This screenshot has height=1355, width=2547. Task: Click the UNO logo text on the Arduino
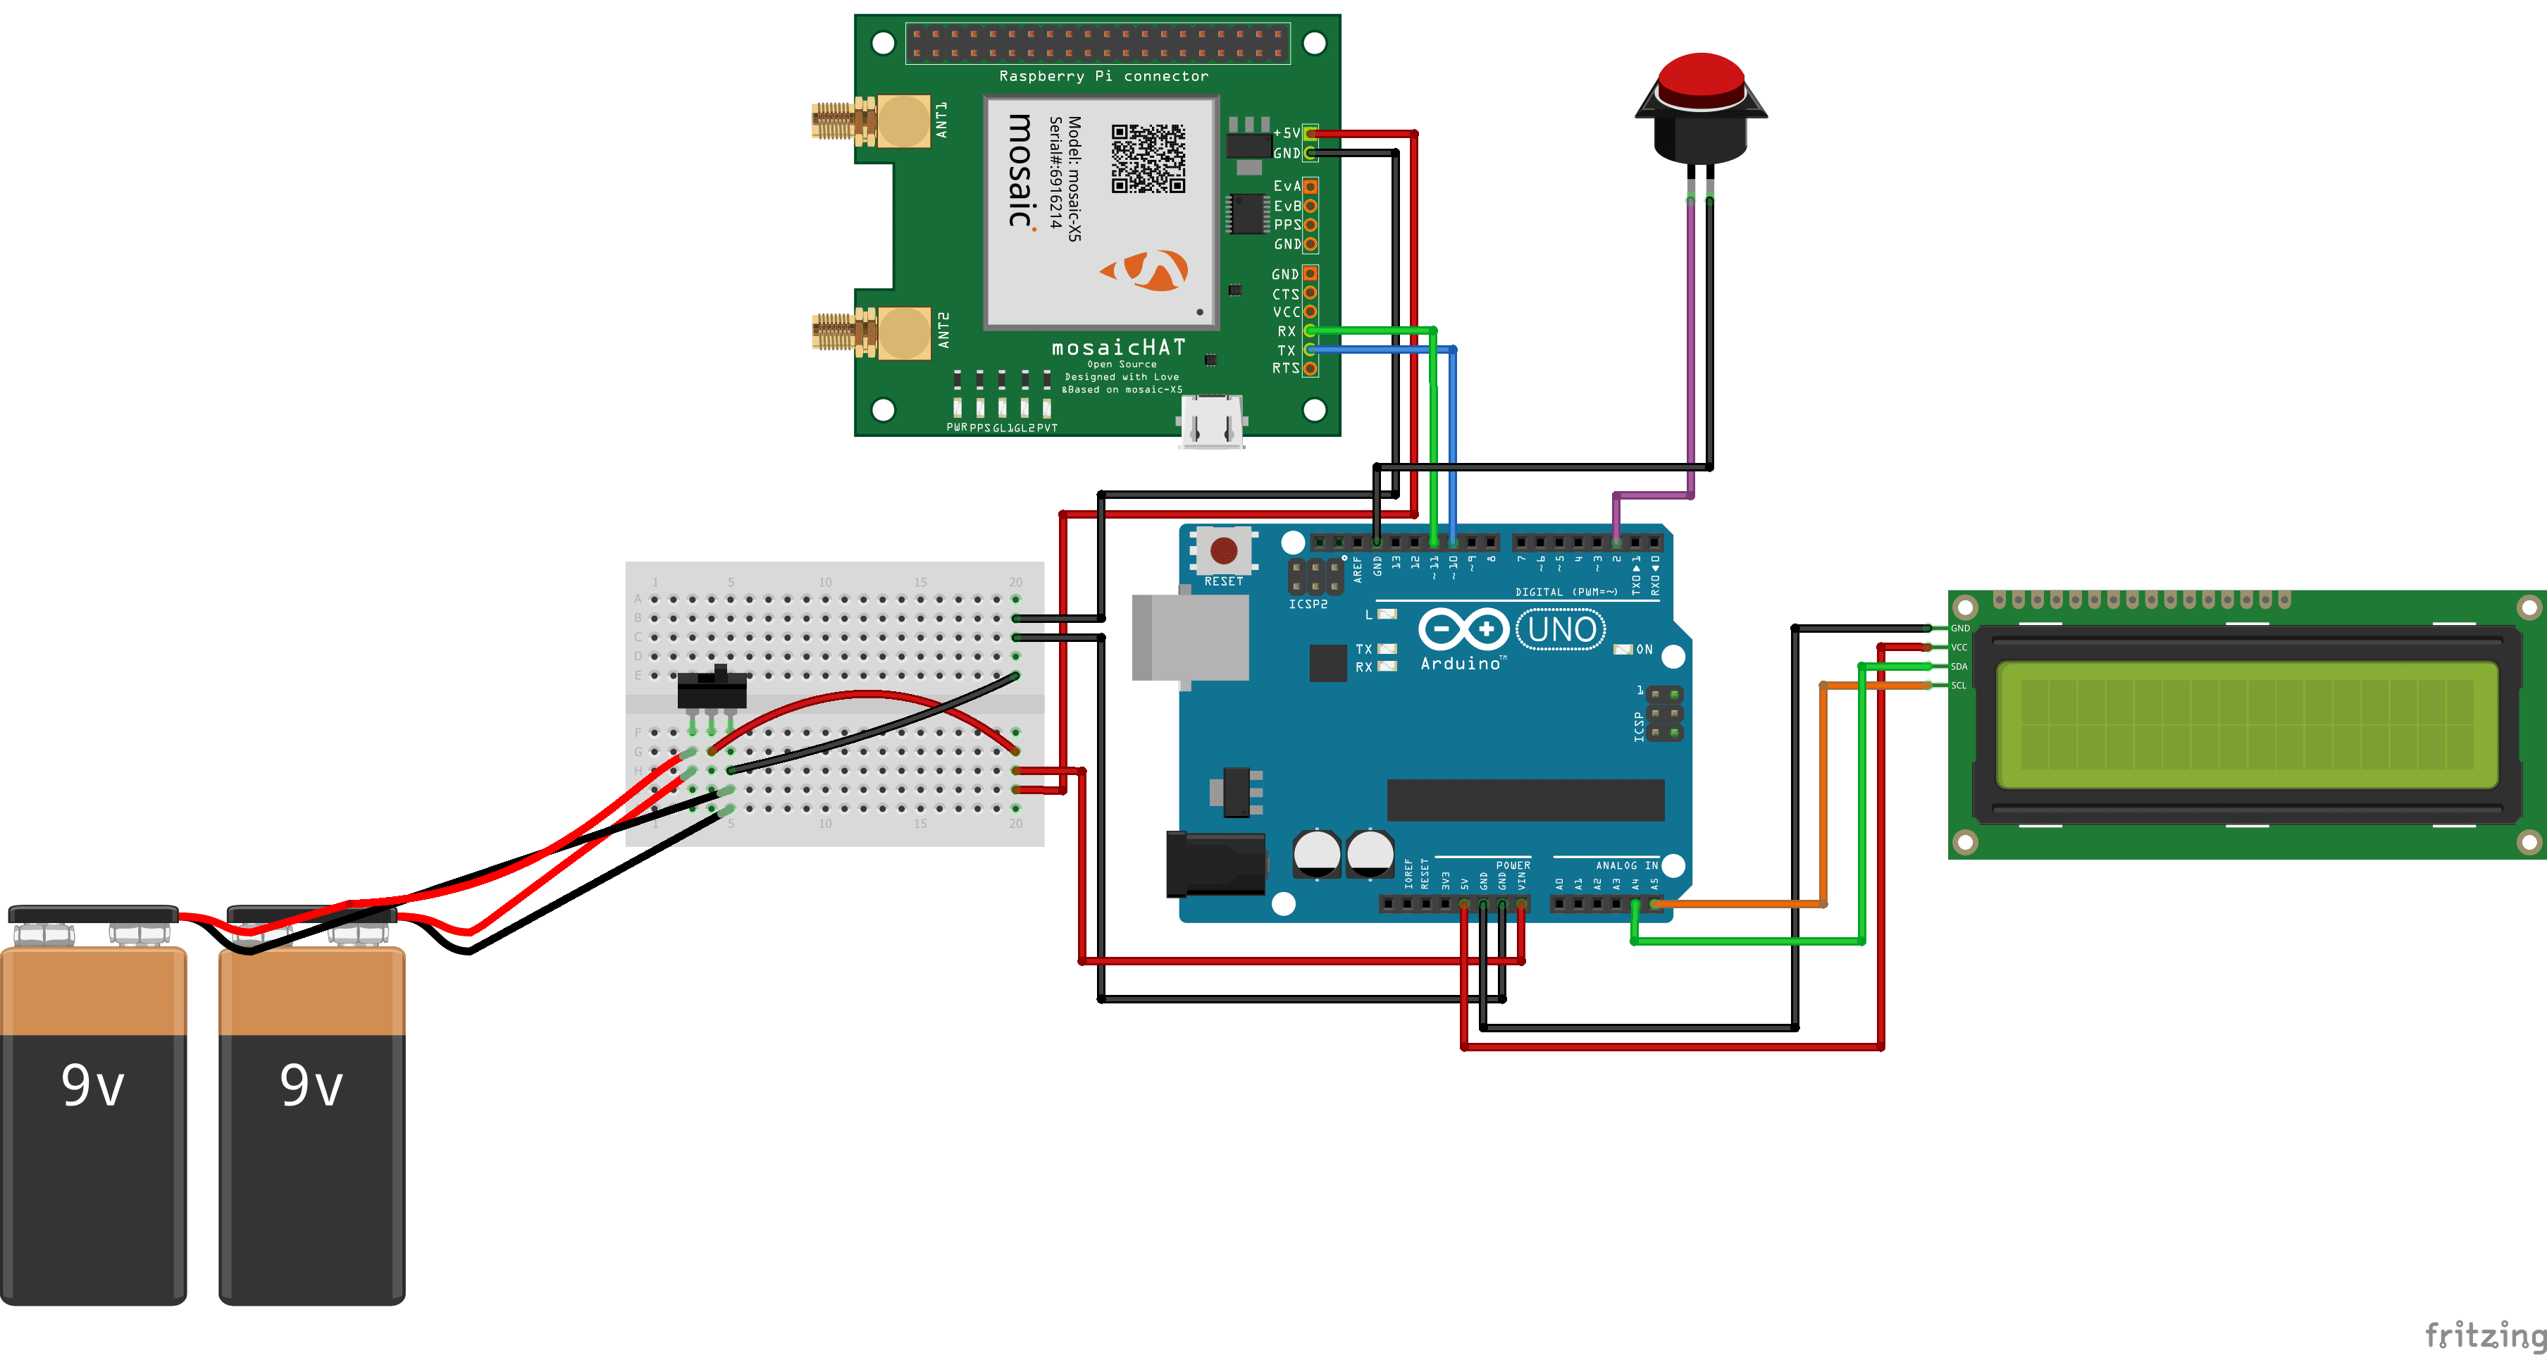(x=1561, y=629)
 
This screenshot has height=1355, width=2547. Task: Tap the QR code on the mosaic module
(x=1148, y=159)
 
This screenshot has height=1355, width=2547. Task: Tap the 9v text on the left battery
(x=93, y=1085)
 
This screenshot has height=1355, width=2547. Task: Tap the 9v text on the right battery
(x=311, y=1085)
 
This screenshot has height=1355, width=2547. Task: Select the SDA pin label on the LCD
(x=1959, y=667)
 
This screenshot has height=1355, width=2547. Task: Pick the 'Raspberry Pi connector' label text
(x=1103, y=76)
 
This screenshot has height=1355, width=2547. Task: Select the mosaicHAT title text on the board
(x=1117, y=347)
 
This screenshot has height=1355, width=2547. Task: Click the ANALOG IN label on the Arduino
(x=1626, y=865)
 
